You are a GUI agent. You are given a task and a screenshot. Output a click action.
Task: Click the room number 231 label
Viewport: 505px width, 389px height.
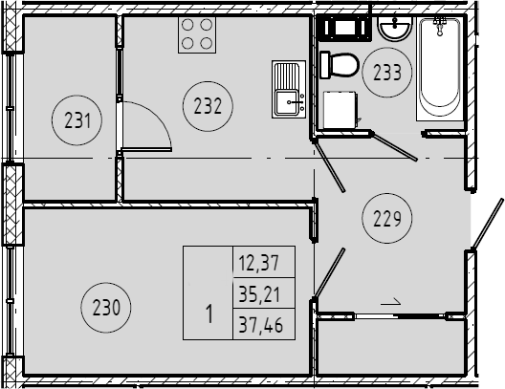pos(77,120)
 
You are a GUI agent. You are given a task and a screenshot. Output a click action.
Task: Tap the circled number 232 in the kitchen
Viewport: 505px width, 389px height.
pos(208,106)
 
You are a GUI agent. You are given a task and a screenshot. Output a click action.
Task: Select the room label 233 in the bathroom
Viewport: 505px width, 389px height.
pos(387,72)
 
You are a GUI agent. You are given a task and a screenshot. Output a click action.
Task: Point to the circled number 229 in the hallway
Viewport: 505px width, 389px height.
pos(387,219)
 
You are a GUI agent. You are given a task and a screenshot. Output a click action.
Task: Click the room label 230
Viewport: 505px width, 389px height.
pos(106,308)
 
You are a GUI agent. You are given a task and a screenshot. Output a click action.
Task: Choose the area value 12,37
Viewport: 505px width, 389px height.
pos(258,262)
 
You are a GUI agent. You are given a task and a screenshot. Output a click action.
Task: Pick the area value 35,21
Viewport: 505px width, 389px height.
pos(259,293)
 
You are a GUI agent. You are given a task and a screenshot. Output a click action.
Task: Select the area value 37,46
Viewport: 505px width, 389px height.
pos(261,324)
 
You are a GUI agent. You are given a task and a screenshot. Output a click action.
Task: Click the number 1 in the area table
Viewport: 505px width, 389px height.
pos(209,313)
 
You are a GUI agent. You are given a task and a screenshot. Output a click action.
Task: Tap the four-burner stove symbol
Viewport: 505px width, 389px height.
pos(197,34)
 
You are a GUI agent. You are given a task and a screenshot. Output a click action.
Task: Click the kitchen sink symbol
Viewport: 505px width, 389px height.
pos(289,89)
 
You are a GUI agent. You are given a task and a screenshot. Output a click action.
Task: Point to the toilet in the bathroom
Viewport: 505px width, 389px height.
pos(339,65)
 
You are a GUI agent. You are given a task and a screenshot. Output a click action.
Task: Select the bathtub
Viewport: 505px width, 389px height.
pos(440,69)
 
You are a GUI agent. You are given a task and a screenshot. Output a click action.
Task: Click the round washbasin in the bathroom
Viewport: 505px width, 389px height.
pos(394,29)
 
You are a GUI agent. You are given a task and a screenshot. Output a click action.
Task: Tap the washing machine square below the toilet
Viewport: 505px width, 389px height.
pos(340,110)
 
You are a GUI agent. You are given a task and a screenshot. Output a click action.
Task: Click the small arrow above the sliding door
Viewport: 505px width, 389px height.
pos(390,302)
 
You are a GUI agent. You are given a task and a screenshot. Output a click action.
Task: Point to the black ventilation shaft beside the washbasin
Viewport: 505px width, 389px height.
pos(345,28)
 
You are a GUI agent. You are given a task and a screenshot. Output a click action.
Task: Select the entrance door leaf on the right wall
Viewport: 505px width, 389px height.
pos(487,224)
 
